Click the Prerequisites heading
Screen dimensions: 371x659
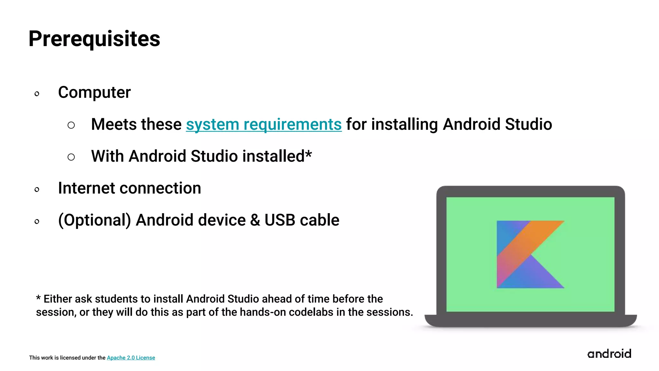(94, 39)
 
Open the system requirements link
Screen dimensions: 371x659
(264, 124)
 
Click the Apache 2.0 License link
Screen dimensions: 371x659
(131, 358)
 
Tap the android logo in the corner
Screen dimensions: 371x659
(609, 354)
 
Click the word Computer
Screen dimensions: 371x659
(94, 93)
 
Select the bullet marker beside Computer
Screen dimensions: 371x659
(37, 94)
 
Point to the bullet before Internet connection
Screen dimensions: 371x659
(37, 190)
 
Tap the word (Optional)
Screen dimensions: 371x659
(94, 220)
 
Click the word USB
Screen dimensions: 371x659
(280, 220)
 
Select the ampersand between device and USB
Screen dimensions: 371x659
(255, 220)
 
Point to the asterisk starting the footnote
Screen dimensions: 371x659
(38, 298)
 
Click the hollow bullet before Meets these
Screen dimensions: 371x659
(71, 125)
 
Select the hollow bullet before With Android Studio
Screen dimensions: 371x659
(71, 157)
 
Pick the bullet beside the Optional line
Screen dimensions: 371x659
(37, 222)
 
